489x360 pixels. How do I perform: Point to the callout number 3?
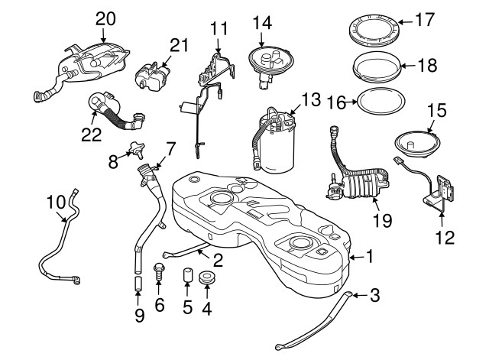pos(375,294)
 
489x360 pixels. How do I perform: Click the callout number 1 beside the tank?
pos(371,258)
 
